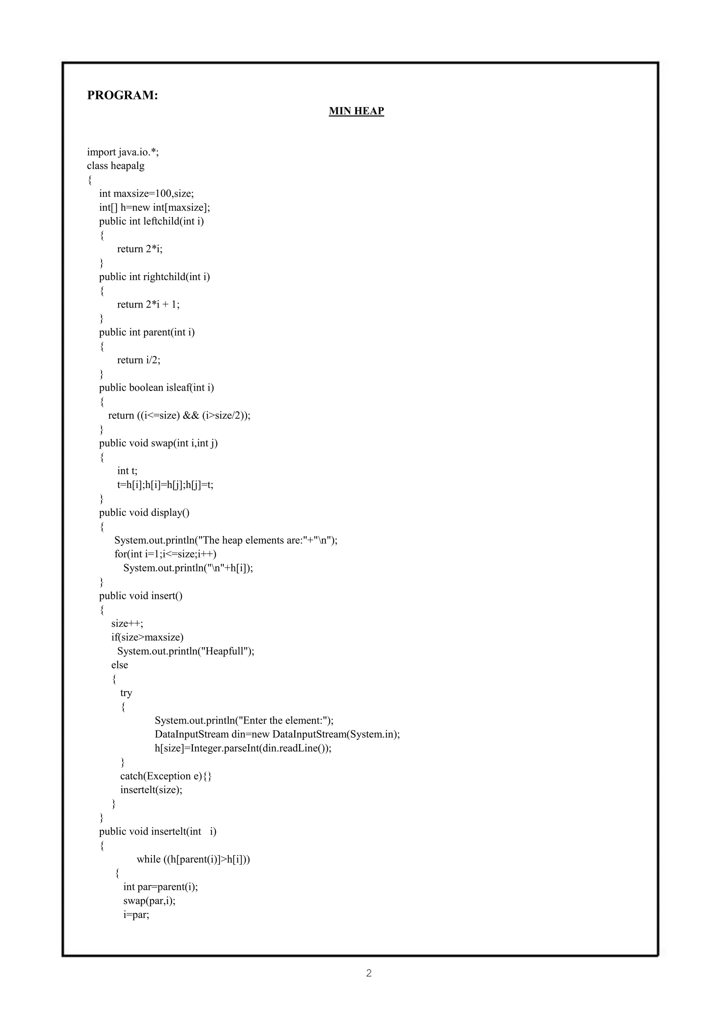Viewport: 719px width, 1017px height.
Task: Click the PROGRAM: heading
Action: point(122,95)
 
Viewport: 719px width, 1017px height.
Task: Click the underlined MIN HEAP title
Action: point(356,111)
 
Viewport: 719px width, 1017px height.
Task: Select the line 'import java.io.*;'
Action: point(123,152)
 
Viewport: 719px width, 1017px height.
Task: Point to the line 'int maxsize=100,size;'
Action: point(146,194)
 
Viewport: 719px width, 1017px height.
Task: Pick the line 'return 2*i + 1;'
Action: point(148,304)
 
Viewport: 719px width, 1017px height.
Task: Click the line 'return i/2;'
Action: point(139,360)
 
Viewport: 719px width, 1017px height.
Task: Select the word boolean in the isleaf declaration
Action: point(146,387)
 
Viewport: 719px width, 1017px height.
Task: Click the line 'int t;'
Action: point(127,471)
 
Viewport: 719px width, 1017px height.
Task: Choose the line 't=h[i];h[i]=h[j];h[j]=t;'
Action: point(165,484)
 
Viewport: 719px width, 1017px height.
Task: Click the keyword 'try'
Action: point(126,693)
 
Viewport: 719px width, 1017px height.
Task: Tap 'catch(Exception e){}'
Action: point(166,776)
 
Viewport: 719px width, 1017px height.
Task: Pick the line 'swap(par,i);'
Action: point(149,900)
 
